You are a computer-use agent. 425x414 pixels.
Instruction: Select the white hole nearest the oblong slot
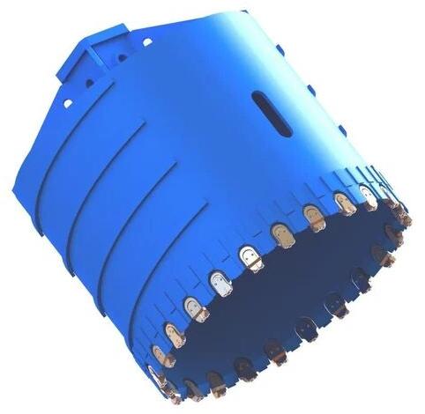[x=146, y=41]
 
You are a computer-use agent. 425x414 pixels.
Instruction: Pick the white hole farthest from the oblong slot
[x=67, y=103]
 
